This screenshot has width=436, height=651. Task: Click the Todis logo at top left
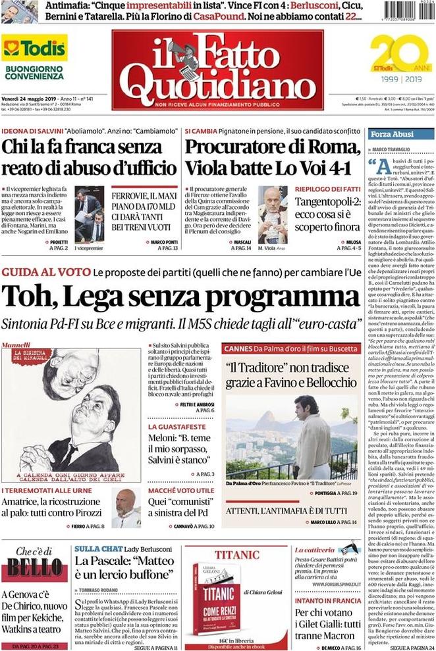pyautogui.click(x=34, y=49)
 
